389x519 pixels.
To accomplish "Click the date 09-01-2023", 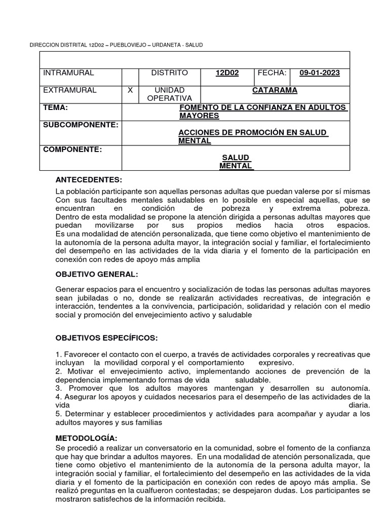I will tap(320, 73).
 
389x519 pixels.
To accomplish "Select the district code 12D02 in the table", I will tap(227, 73).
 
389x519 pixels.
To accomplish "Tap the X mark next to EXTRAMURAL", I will tap(130, 90).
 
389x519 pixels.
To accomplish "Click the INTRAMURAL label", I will tap(68, 73).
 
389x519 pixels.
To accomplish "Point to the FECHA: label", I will tap(272, 73).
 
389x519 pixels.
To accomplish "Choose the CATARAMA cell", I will tap(275, 90).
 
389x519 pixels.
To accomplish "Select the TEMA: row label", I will tap(55, 107).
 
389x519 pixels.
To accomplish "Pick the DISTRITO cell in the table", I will tap(169, 73).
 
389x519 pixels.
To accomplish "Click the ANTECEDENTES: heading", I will tap(89, 179).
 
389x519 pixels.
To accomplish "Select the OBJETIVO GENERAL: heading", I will tap(96, 274).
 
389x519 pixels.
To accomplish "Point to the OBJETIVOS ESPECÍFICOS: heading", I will tap(106, 338).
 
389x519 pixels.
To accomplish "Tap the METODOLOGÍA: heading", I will tap(86, 437).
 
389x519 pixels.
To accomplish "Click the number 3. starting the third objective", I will tap(58, 388).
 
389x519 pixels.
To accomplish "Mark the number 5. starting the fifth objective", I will tap(58, 414).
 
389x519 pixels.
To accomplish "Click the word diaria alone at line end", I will tap(360, 405).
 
